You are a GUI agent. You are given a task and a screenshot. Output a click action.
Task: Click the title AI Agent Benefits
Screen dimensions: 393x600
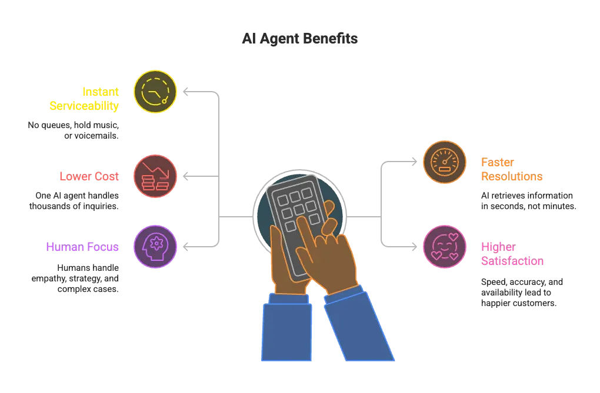tap(299, 39)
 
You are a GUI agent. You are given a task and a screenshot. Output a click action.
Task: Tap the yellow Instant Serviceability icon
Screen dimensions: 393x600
tap(155, 92)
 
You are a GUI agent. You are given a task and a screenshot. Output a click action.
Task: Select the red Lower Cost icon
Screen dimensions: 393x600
tap(155, 176)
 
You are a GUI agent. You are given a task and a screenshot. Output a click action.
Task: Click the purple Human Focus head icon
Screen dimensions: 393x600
tap(155, 246)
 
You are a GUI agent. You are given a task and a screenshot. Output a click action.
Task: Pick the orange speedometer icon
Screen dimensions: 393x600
tap(445, 162)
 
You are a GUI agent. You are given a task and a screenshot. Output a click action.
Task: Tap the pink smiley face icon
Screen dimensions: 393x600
tap(445, 247)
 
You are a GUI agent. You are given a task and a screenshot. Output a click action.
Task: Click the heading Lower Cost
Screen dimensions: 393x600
tap(89, 176)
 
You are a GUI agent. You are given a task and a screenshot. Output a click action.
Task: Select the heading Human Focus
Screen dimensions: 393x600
tap(82, 247)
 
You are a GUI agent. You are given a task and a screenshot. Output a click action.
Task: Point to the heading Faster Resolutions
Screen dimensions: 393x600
tap(511, 169)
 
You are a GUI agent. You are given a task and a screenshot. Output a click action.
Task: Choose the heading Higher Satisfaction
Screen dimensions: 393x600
tap(512, 254)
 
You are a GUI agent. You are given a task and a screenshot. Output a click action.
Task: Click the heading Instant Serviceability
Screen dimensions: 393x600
tap(92, 99)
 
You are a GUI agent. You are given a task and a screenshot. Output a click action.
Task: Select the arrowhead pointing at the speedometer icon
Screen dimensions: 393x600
tap(414, 162)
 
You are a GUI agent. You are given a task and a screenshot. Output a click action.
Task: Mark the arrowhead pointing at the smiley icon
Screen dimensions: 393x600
tap(414, 247)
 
